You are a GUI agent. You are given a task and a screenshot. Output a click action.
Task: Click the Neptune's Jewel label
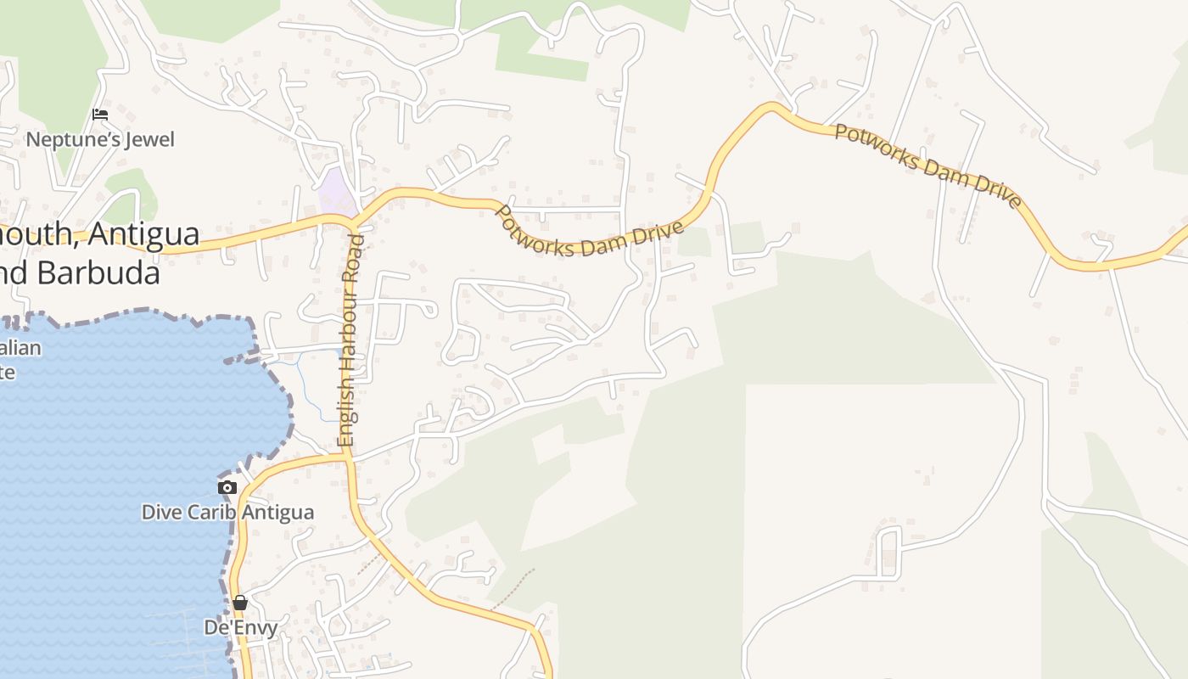(100, 139)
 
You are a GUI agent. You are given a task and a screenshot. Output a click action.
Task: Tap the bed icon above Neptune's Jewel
(100, 114)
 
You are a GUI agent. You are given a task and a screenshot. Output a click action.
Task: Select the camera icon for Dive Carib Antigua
(227, 487)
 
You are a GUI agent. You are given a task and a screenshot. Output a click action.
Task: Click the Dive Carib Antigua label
(227, 513)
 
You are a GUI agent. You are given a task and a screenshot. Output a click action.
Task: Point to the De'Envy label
(240, 628)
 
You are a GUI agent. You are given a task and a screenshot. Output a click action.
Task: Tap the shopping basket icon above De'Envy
(240, 603)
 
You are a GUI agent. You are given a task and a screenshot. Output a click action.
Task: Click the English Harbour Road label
(351, 339)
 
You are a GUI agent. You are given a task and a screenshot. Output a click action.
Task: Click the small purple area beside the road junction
(336, 190)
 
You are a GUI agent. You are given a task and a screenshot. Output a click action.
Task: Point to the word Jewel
(148, 139)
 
